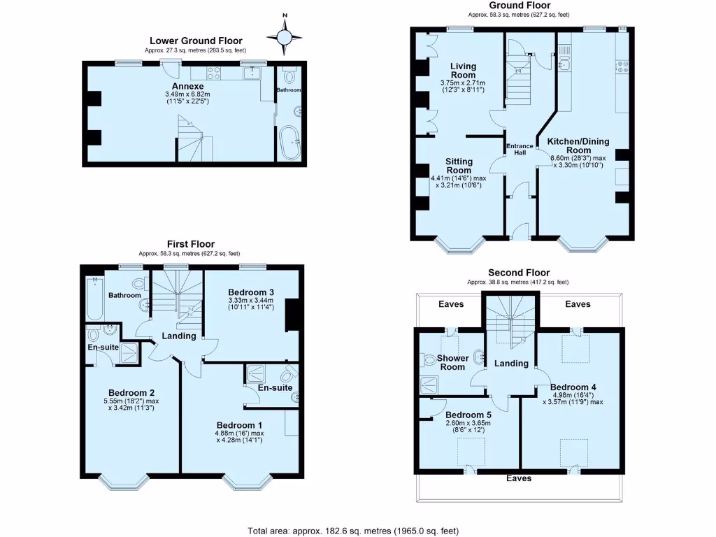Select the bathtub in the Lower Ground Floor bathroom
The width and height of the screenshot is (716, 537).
tap(288, 143)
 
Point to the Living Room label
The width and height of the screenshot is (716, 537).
tap(463, 71)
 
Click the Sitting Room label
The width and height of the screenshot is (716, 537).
tap(459, 166)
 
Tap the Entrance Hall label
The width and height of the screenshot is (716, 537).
tap(520, 149)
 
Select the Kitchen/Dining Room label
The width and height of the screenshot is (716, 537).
tap(578, 145)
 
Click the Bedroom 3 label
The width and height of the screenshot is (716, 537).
tap(251, 292)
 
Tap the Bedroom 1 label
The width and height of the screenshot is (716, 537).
tap(239, 425)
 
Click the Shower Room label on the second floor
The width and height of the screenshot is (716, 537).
tap(453, 362)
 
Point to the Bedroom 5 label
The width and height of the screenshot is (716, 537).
tap(468, 414)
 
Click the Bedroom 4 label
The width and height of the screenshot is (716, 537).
tap(573, 387)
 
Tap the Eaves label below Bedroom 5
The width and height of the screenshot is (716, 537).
tap(518, 478)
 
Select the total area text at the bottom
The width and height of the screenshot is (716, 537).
tap(353, 531)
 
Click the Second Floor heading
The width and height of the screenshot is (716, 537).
tap(518, 273)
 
